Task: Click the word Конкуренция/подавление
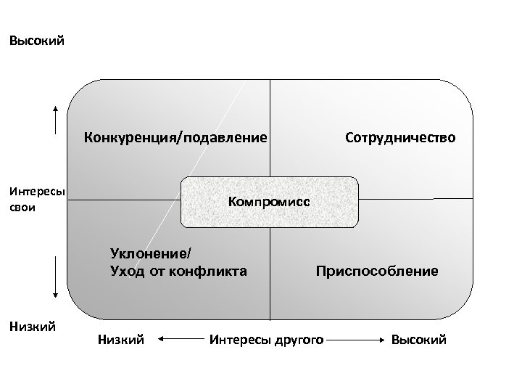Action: tap(175, 136)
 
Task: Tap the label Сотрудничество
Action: tap(401, 136)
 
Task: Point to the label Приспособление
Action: tap(376, 271)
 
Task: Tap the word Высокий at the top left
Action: tap(36, 41)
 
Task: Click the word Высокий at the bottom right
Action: tap(419, 339)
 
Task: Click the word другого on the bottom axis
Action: tap(296, 339)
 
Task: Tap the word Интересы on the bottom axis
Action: tap(236, 339)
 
